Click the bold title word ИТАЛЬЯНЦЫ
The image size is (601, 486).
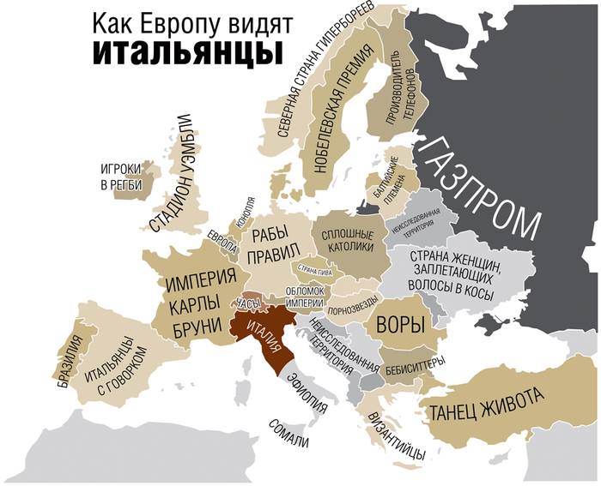[x=187, y=51]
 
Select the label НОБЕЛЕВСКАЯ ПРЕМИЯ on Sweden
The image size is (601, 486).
[x=335, y=112]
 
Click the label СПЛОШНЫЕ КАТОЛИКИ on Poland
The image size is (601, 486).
[x=347, y=242]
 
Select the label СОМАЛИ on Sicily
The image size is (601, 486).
[x=288, y=432]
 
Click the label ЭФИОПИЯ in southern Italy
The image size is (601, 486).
[x=307, y=393]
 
